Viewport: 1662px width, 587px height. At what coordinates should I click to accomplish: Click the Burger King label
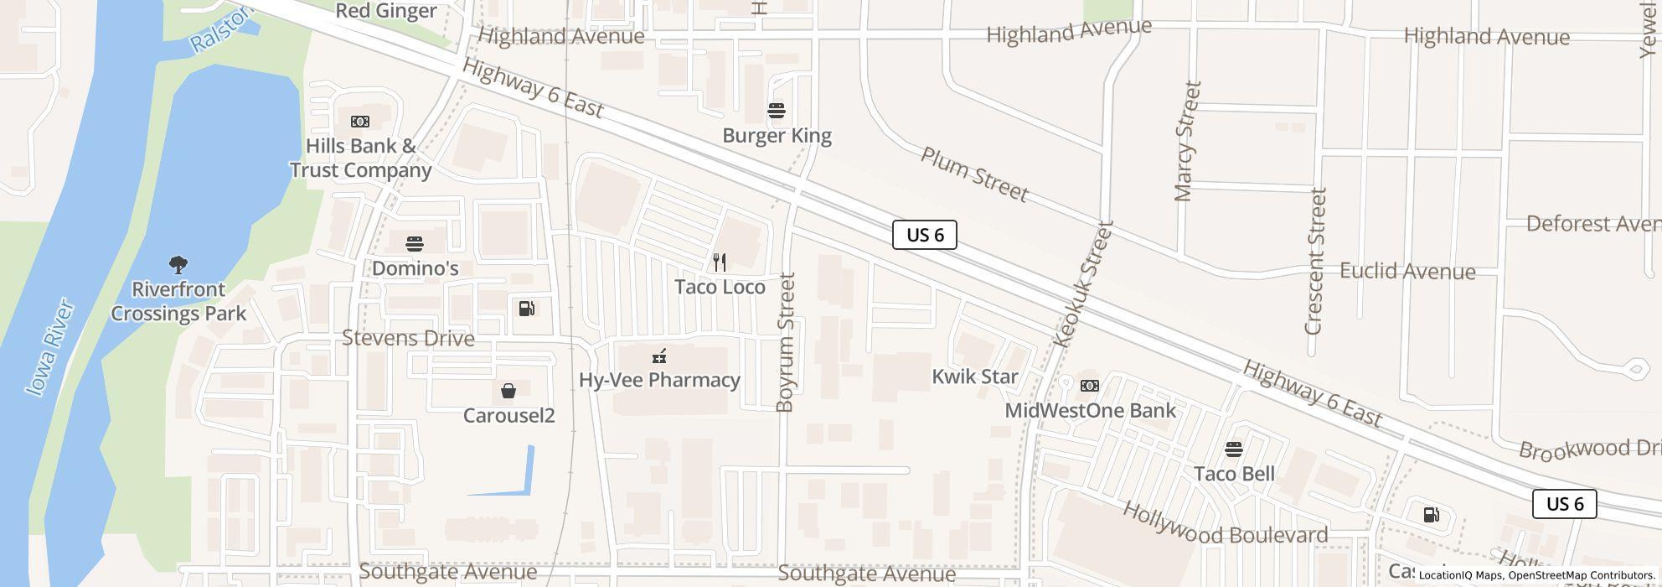pyautogui.click(x=777, y=136)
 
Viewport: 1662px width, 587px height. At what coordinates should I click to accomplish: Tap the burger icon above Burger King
pyautogui.click(x=777, y=111)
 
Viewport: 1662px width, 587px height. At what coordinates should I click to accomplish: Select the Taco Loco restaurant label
pyautogui.click(x=720, y=287)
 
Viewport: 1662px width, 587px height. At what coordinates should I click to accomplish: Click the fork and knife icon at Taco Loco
pyautogui.click(x=720, y=262)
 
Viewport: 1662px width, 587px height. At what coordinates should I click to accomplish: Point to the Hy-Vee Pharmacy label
pyautogui.click(x=659, y=380)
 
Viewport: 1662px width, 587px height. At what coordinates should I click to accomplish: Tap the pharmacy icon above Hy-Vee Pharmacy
pyautogui.click(x=659, y=357)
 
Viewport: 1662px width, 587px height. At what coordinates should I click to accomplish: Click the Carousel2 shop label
pyautogui.click(x=508, y=416)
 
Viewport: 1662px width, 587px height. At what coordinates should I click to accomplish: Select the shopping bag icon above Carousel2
pyautogui.click(x=508, y=391)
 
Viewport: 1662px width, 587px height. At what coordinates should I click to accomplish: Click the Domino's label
pyautogui.click(x=415, y=268)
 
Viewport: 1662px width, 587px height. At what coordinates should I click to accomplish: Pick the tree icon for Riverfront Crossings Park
pyautogui.click(x=178, y=266)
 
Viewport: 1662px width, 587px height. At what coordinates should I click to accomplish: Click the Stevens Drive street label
pyautogui.click(x=408, y=339)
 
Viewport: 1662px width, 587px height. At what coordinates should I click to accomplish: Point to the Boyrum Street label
pyautogui.click(x=785, y=342)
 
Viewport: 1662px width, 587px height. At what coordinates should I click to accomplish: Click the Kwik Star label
pyautogui.click(x=975, y=377)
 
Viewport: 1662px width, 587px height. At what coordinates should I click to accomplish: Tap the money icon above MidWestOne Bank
pyautogui.click(x=1090, y=386)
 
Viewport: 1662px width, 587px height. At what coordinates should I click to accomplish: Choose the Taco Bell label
pyautogui.click(x=1234, y=474)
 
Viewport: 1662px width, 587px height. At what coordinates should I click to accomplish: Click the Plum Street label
pyautogui.click(x=974, y=174)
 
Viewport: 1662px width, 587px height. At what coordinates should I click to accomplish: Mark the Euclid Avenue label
pyautogui.click(x=1407, y=272)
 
